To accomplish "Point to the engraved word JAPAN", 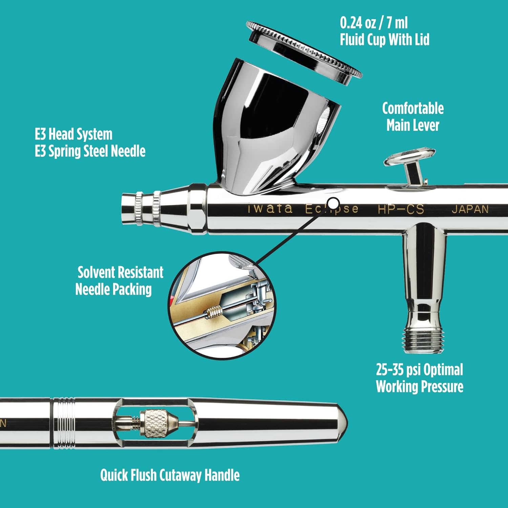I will pyautogui.click(x=470, y=209).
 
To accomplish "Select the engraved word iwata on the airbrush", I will pyautogui.click(x=270, y=208).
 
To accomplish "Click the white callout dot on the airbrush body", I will pyautogui.click(x=334, y=204).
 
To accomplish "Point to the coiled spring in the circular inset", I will pyautogui.click(x=213, y=311).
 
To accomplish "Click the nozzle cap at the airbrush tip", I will pyautogui.click(x=130, y=208).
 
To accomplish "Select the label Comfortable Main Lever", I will pyautogui.click(x=413, y=117).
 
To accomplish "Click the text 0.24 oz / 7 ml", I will pyautogui.click(x=374, y=23).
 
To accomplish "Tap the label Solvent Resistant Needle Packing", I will pyautogui.click(x=119, y=281).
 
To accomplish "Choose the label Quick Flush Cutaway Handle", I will pyautogui.click(x=170, y=475).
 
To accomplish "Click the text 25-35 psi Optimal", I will pyautogui.click(x=419, y=369).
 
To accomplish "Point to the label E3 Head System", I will pyautogui.click(x=73, y=134).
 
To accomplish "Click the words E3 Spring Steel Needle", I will pyautogui.click(x=90, y=151).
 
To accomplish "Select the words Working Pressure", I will pyautogui.click(x=419, y=386).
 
